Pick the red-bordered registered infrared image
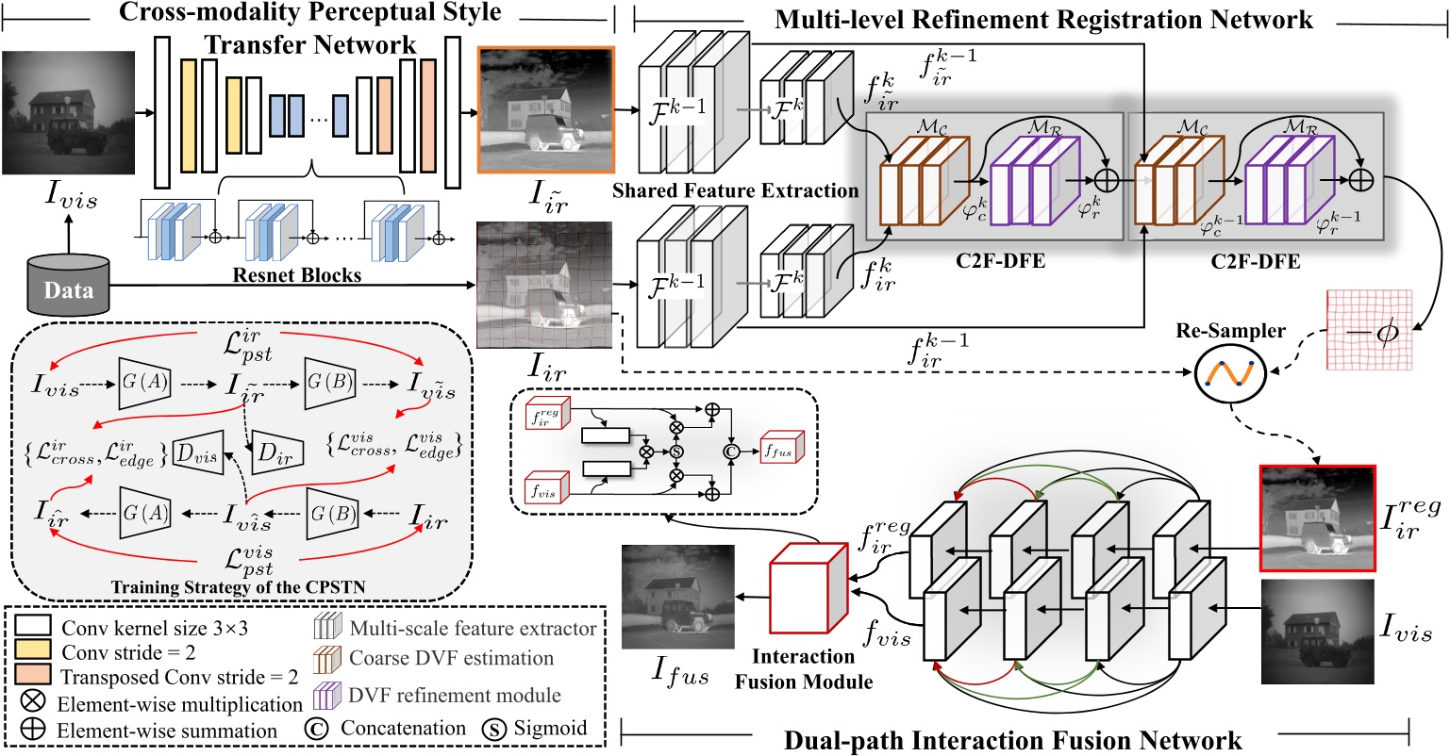[1318, 517]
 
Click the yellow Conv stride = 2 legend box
[33, 649]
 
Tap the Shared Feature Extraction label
[736, 191]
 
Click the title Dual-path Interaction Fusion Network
[1012, 740]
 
